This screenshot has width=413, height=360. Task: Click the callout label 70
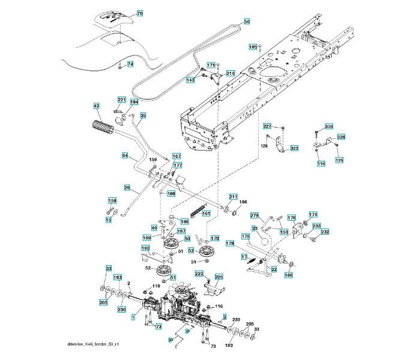point(140,13)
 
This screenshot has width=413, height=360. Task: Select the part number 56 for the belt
point(247,22)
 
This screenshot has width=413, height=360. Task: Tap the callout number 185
point(253,47)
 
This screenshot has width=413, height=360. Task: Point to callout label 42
point(96,106)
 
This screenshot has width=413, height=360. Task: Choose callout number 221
point(121,100)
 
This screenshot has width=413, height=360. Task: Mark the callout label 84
point(125,156)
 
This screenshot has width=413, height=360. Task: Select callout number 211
point(234,197)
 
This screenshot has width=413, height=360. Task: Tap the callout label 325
point(294,148)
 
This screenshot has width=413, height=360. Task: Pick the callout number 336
point(328,127)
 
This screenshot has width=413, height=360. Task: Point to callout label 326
point(340,137)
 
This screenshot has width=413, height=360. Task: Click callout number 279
point(254,215)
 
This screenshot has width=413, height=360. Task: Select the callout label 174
point(313,214)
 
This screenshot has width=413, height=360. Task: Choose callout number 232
point(325,232)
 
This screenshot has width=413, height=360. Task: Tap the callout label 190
point(145,248)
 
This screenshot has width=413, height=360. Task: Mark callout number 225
point(219,277)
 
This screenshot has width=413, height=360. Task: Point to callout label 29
point(127,188)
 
